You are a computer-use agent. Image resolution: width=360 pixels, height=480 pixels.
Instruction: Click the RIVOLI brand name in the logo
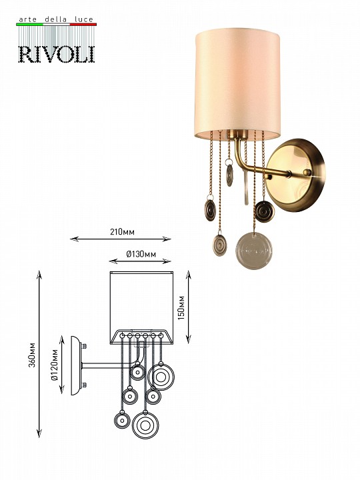pos(57,55)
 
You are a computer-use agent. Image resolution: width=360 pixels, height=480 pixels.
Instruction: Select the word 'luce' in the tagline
pos(83,19)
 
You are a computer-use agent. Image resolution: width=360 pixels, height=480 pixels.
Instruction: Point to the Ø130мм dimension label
pos(141,254)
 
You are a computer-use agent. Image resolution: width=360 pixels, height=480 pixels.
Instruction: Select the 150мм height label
pos(181,308)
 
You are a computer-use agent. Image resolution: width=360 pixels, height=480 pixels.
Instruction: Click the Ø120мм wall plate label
pos(55,365)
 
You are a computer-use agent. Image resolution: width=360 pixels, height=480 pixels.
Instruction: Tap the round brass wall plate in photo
pos(295,175)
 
